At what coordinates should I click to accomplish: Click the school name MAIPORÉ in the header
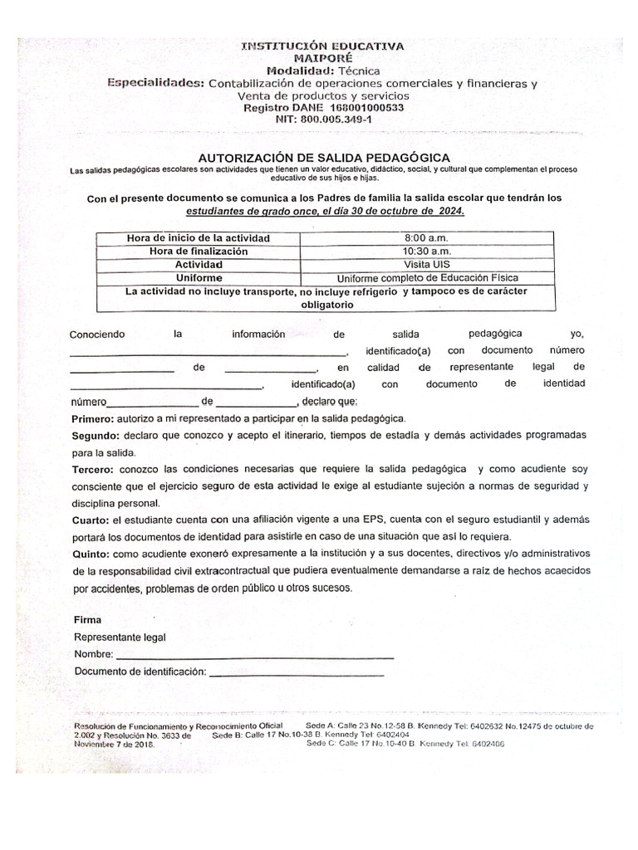click(322, 59)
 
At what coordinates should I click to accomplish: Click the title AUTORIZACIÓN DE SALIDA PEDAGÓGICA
click(324, 157)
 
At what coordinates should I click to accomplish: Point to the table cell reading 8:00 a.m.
click(426, 238)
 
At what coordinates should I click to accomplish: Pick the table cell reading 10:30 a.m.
click(426, 251)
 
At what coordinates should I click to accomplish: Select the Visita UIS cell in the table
click(426, 264)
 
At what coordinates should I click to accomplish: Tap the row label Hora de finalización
click(199, 251)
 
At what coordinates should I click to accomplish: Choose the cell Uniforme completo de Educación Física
click(426, 278)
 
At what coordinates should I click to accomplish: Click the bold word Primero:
click(94, 418)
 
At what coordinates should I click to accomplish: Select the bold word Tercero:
click(94, 470)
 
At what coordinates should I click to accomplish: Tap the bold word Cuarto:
click(91, 520)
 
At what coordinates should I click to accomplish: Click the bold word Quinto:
click(91, 554)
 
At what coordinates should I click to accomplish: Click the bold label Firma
click(87, 620)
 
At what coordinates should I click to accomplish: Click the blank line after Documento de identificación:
click(297, 672)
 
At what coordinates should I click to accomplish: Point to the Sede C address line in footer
click(405, 744)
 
